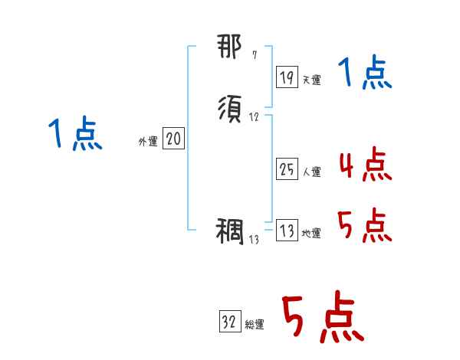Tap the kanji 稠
231,231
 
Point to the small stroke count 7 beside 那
255,56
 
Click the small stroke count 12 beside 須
254,117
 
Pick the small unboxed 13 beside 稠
255,240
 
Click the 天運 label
311,80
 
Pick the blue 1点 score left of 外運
76,134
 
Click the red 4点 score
364,165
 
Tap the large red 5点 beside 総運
322,319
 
